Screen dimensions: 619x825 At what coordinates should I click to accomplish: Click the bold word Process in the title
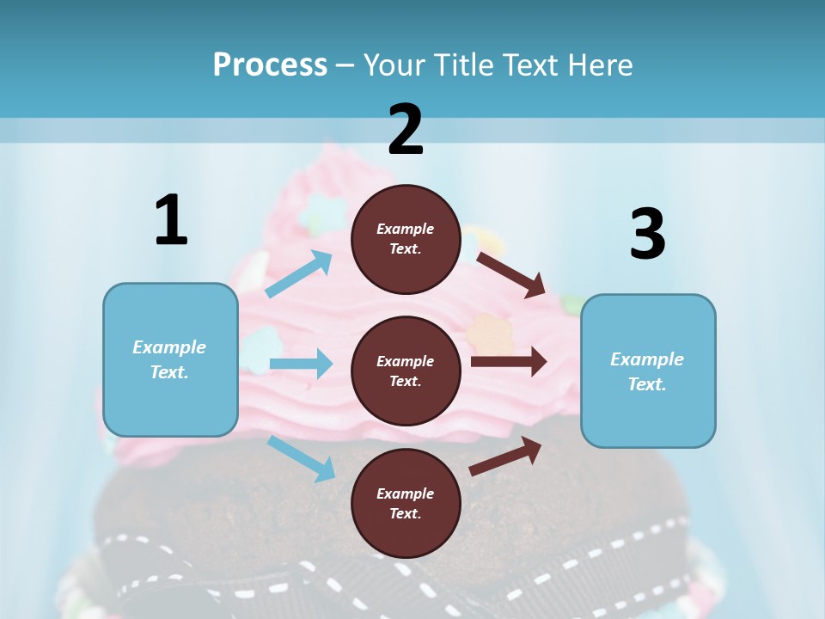(270, 64)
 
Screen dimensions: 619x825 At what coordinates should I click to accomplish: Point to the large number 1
(171, 220)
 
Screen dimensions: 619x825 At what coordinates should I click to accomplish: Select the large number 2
(406, 129)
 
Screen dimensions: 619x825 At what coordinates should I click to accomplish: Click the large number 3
(647, 234)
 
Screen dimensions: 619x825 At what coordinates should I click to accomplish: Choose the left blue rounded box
(170, 359)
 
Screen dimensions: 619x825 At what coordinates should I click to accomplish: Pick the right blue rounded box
(648, 371)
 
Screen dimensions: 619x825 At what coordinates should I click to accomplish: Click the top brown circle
(406, 239)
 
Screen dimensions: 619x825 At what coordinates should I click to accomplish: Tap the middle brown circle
(406, 371)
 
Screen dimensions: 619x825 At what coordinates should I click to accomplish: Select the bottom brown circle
(406, 503)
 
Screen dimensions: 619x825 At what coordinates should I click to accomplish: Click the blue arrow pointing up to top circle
(299, 273)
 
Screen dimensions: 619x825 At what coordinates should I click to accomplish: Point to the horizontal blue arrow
(301, 364)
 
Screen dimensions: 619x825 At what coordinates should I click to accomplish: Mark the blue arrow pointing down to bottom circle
(301, 458)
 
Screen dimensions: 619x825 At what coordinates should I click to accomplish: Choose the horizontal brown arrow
(508, 361)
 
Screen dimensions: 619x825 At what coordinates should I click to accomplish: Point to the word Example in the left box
(169, 347)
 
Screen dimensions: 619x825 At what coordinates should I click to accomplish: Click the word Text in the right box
(647, 384)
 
